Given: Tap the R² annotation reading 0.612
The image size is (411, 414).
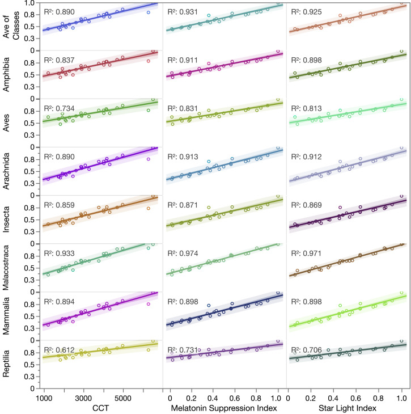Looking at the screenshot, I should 59,350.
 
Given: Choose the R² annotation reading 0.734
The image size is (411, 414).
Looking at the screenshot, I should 59,108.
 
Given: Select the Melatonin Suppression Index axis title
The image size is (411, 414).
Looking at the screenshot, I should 224,407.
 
